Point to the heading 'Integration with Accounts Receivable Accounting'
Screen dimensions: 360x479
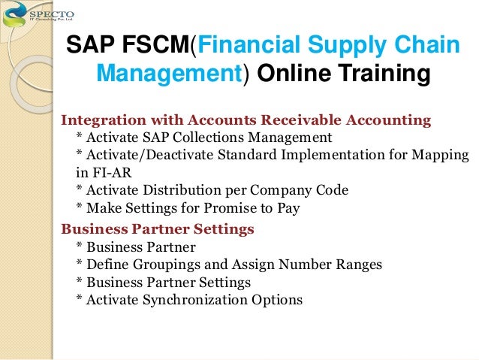click(246, 120)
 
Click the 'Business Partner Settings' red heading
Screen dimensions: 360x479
click(157, 228)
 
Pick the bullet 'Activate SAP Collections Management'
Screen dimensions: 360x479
click(203, 138)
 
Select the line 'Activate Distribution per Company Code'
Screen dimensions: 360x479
click(212, 189)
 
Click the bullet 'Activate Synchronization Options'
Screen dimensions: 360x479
click(189, 300)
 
